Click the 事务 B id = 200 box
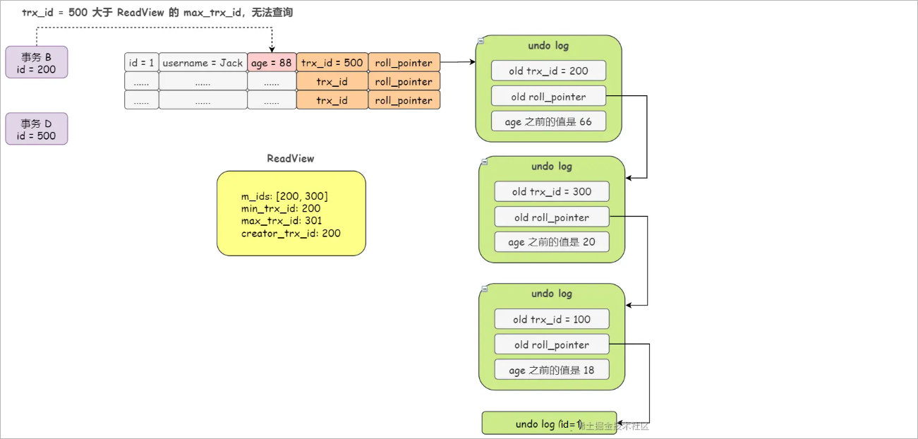[37, 63]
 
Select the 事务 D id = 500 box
[37, 129]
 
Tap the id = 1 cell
[141, 63]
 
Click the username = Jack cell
[203, 63]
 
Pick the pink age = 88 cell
[272, 63]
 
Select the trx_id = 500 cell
[332, 63]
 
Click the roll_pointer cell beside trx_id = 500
[404, 63]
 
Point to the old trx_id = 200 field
[548, 71]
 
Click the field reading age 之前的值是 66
[548, 121]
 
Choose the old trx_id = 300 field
[551, 191]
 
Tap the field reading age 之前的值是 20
[551, 242]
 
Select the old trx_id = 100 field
[551, 319]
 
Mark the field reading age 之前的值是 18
[551, 370]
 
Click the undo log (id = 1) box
[549, 423]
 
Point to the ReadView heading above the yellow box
[290, 159]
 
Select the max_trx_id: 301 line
[282, 221]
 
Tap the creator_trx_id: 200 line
[291, 233]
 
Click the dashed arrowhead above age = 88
[272, 49]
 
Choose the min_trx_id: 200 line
[281, 209]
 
